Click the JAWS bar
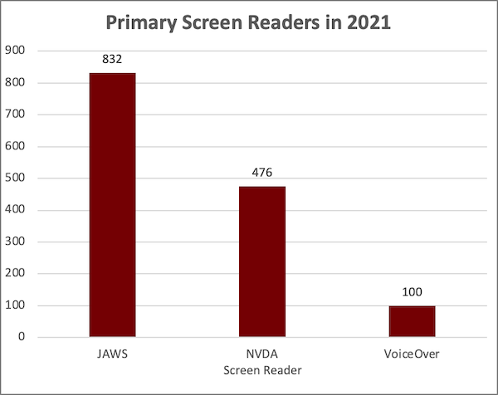point(113,205)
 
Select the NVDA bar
point(262,261)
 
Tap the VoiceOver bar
point(413,321)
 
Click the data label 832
point(113,60)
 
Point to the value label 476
point(262,173)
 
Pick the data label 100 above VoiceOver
point(413,293)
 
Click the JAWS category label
point(113,354)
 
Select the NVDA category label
point(262,354)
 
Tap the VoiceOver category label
point(413,354)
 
